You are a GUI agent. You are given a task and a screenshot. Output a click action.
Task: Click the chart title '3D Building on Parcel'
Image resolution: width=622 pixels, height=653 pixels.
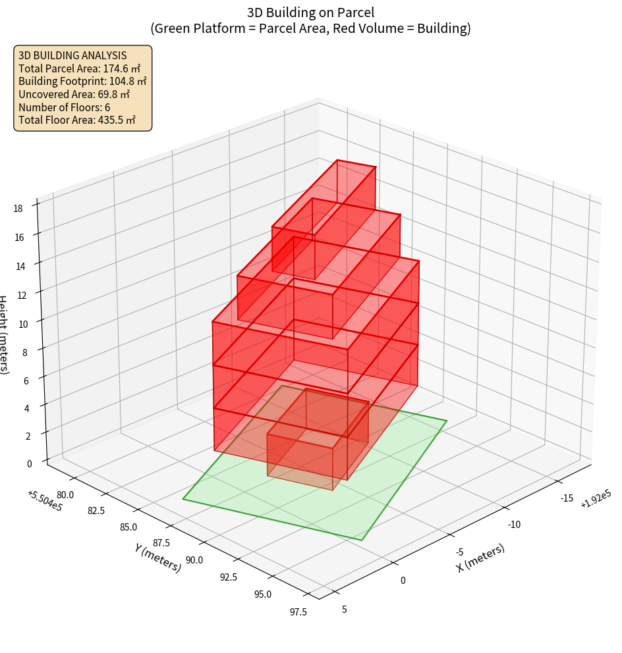(x=310, y=12)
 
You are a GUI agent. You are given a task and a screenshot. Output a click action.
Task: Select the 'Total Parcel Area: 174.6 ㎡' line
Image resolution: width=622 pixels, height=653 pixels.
(x=79, y=68)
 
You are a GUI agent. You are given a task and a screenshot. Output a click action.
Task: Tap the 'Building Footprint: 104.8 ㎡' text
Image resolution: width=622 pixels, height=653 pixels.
(x=82, y=81)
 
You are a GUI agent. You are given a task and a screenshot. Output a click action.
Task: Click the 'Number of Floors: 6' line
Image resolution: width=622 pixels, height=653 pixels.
(x=65, y=107)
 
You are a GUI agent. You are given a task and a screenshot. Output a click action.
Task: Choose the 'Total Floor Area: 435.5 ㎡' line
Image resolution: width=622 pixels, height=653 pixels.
(x=77, y=120)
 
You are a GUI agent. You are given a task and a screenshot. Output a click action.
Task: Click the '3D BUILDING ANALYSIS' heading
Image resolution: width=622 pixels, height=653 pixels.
(x=72, y=55)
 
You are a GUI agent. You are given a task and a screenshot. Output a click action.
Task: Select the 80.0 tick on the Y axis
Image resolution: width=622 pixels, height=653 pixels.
(x=65, y=495)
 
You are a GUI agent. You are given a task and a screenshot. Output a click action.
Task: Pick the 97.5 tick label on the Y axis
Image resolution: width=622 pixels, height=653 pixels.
(x=297, y=612)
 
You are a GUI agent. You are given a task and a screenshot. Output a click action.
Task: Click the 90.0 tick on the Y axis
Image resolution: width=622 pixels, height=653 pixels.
(x=194, y=560)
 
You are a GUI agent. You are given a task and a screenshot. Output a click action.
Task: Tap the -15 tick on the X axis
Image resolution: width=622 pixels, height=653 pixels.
(x=566, y=498)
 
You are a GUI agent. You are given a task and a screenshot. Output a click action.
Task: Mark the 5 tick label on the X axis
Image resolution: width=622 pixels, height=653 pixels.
(x=344, y=609)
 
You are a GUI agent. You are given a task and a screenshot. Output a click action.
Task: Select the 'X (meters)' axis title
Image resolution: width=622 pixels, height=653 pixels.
(x=480, y=558)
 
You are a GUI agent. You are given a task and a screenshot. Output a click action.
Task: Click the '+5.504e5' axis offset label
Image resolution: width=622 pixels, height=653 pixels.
(x=45, y=500)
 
